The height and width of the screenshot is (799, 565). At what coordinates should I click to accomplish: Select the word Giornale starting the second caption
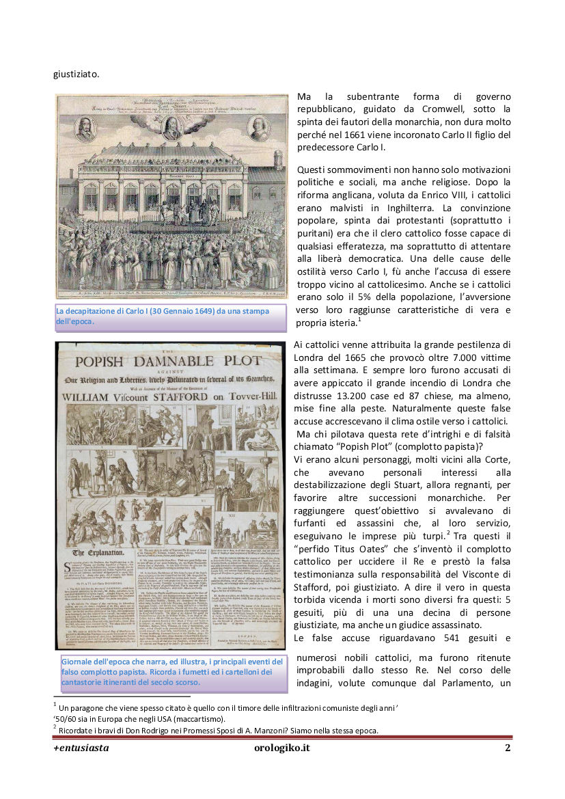77,662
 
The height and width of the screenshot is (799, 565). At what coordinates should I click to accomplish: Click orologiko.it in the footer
281,748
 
